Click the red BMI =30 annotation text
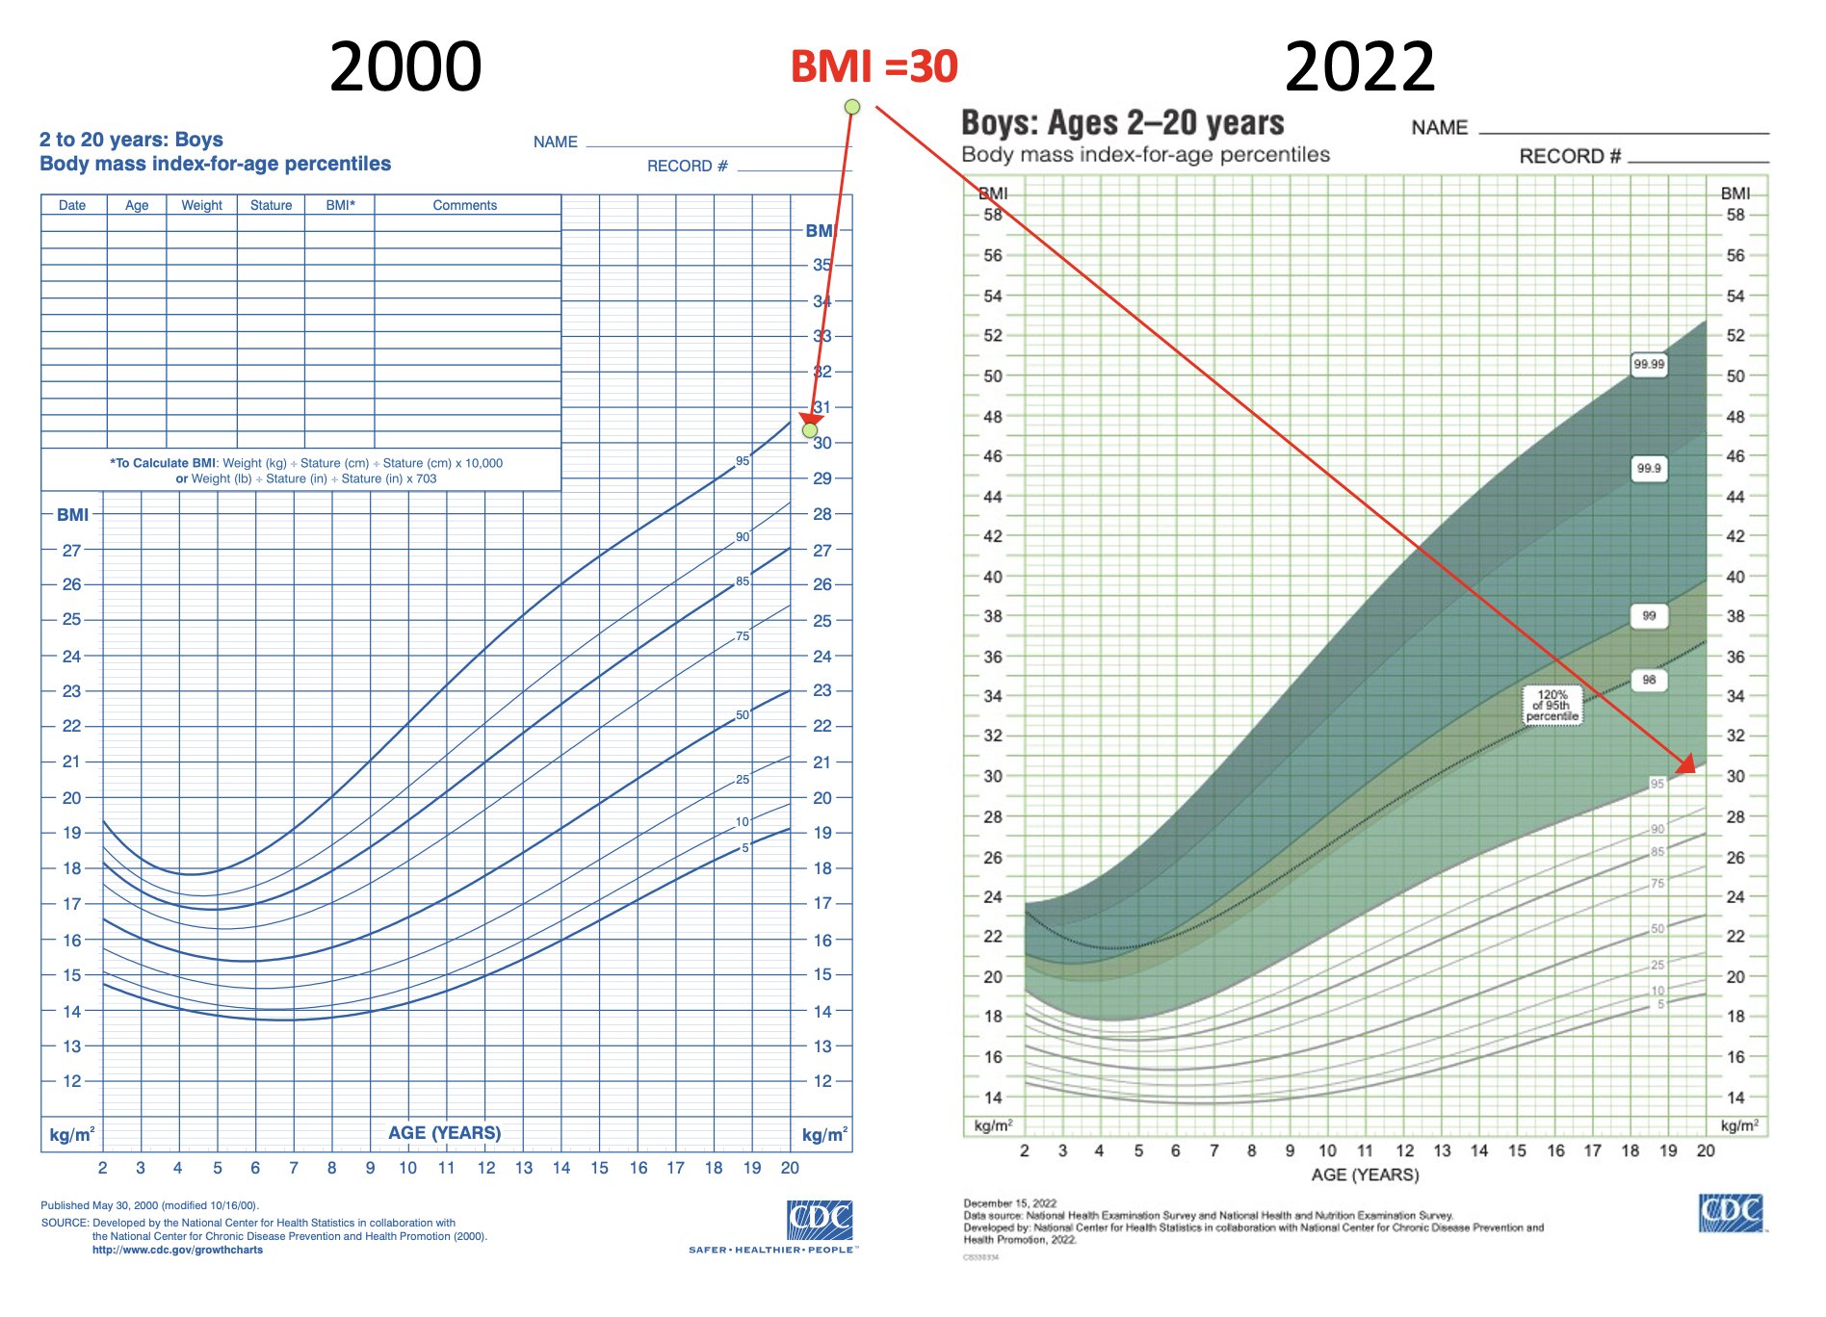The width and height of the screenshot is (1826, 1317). click(x=874, y=66)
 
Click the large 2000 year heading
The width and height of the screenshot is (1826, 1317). click(x=404, y=67)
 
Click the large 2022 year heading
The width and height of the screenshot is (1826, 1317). click(x=1359, y=67)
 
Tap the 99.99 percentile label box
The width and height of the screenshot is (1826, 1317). click(x=1648, y=364)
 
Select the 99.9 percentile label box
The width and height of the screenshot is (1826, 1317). click(x=1648, y=468)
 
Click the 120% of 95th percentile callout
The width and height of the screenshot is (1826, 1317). click(x=1552, y=706)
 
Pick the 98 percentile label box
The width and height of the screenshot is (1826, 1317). click(x=1649, y=680)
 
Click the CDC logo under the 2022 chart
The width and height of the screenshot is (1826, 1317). click(x=1731, y=1213)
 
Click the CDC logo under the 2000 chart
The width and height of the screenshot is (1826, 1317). click(x=819, y=1220)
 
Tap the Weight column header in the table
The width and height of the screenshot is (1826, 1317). click(x=201, y=205)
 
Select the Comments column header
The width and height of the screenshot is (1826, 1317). click(x=464, y=205)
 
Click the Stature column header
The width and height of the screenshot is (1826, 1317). click(x=271, y=205)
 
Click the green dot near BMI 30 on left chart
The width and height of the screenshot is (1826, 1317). click(x=810, y=430)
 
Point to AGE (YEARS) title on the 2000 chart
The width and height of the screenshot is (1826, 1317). click(x=444, y=1133)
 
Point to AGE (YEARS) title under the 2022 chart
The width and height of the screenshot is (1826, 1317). click(x=1365, y=1175)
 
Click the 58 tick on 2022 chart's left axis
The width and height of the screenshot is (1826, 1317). click(x=992, y=215)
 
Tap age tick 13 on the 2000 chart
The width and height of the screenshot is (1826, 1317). click(x=523, y=1168)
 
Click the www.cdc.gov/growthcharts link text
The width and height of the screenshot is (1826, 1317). click(x=177, y=1250)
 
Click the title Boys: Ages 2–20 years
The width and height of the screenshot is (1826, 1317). click(x=1122, y=123)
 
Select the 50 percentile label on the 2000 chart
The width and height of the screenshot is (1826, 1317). click(x=742, y=715)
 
